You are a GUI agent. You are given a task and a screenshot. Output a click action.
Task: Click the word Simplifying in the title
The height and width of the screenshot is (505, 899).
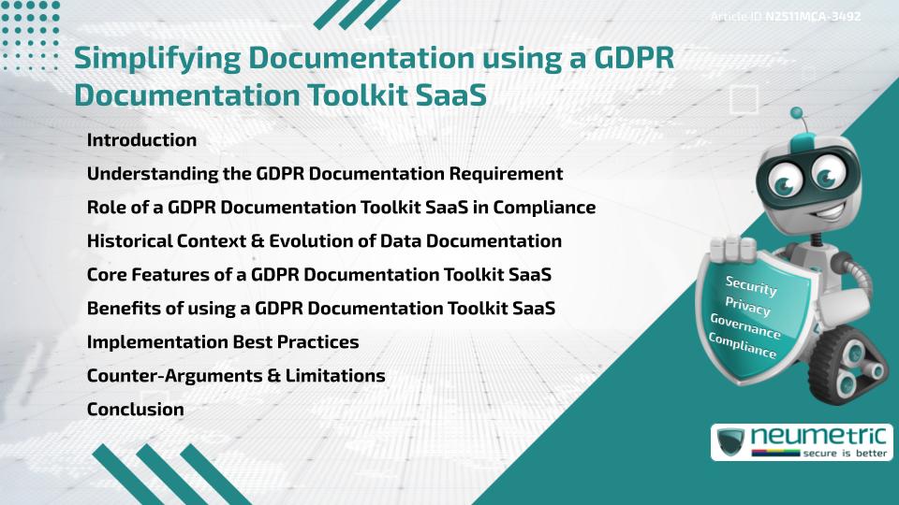click(155, 58)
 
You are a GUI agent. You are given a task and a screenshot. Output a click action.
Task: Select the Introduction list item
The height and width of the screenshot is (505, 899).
click(141, 140)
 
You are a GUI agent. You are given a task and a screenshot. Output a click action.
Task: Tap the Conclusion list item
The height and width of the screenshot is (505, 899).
click(135, 409)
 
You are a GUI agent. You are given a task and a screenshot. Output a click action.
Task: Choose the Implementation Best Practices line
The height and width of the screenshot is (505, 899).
click(223, 341)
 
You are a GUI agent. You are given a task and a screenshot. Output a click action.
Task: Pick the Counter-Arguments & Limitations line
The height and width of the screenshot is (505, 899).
click(236, 375)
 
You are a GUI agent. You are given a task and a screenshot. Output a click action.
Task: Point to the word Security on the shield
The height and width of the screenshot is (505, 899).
click(750, 284)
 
